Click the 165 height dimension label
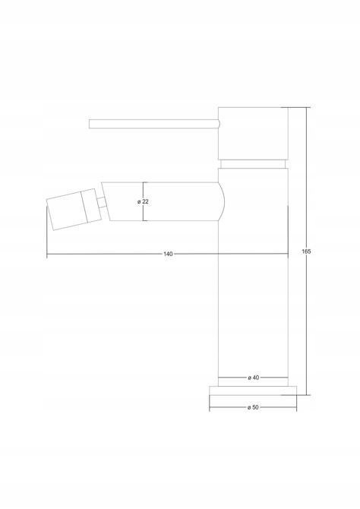[306, 251]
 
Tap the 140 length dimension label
[168, 254]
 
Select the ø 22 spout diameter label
[143, 201]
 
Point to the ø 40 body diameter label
[253, 378]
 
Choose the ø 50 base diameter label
[253, 407]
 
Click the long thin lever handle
[154, 124]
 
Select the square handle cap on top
[253, 134]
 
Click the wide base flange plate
[253, 390]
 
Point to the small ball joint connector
[102, 202]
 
